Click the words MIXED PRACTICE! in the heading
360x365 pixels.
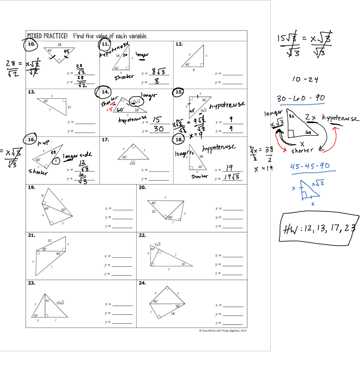click(x=48, y=36)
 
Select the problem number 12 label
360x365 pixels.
click(x=179, y=44)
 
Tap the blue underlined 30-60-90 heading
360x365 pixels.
click(x=301, y=99)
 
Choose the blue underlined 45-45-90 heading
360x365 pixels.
click(x=309, y=166)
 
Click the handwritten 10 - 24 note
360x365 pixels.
click(x=305, y=79)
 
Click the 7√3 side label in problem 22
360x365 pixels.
click(x=157, y=244)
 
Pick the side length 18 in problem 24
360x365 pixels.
click(x=173, y=313)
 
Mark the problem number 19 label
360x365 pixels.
click(x=32, y=188)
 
